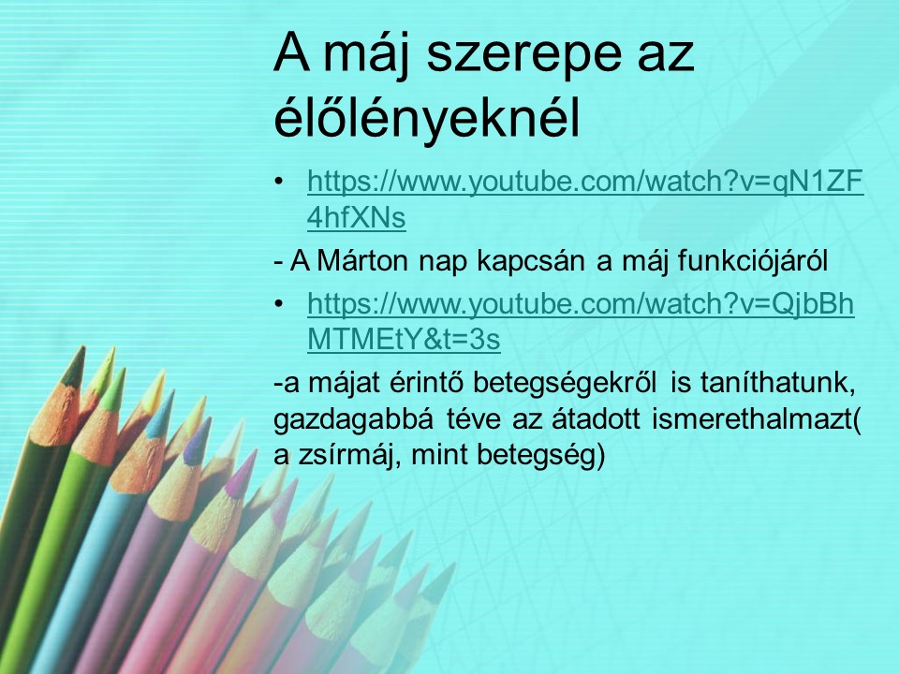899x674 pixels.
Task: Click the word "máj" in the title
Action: (366, 55)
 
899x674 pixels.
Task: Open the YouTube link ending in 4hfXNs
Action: (585, 199)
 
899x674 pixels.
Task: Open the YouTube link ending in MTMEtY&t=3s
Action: (581, 322)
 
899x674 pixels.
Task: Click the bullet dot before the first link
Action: (279, 182)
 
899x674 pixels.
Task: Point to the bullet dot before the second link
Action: (279, 303)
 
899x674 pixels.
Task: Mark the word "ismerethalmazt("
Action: (757, 420)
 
